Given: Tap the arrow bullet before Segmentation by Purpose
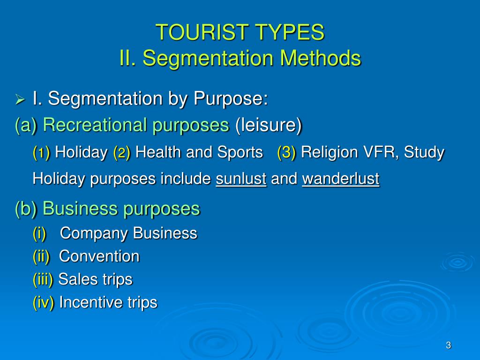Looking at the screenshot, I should pos(20,100).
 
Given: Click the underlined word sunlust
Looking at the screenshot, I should pos(241,179).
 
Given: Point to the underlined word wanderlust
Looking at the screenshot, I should pos(341,179).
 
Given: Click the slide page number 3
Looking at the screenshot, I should pos(448,345).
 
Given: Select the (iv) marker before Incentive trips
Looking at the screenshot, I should pos(44,302).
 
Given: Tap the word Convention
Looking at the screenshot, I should pos(99,256).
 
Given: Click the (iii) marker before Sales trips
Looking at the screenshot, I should pos(43,279).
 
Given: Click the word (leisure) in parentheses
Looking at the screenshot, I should pos(269,125).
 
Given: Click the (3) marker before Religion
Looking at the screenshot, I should pos(286,152).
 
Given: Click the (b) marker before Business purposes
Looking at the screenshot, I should pos(26,209).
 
